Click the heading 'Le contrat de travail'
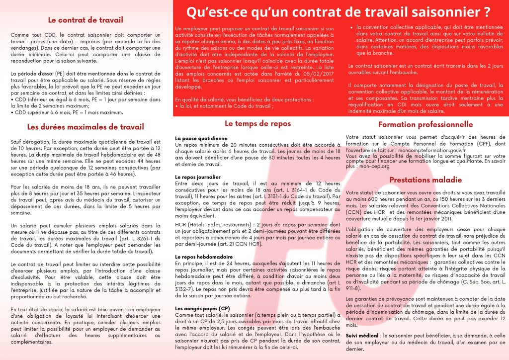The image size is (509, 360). [x=85, y=20]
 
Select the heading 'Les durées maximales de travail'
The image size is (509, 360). [x=85, y=127]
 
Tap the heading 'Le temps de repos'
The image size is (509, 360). [x=257, y=123]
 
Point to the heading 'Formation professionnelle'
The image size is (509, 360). [x=425, y=124]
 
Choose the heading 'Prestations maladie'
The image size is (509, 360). [x=425, y=179]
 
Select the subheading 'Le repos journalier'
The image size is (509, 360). [x=198, y=177]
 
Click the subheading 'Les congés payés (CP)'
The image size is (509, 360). [x=203, y=308]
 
